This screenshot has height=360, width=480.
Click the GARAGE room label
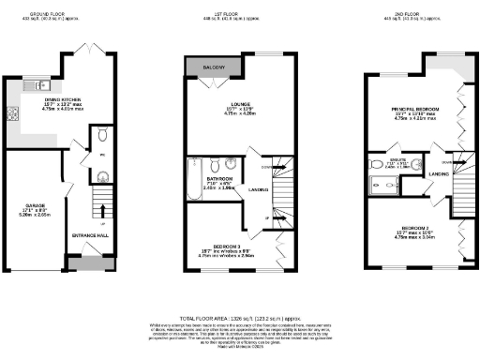(x=37, y=203)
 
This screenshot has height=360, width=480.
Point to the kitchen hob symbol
(x=15, y=116)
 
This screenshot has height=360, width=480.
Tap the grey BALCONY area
(x=213, y=67)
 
